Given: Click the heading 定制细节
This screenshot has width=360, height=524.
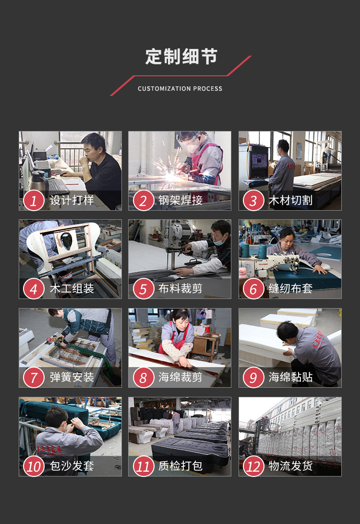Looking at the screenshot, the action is (x=181, y=57).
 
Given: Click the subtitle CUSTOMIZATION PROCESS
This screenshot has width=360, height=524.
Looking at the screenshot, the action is (x=180, y=89).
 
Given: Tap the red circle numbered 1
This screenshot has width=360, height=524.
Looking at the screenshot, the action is (x=34, y=201).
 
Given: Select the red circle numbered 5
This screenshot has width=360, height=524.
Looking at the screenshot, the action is (x=144, y=289).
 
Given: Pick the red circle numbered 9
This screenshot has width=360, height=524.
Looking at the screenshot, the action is (x=253, y=378).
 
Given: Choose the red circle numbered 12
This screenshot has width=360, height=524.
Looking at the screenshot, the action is (x=253, y=466).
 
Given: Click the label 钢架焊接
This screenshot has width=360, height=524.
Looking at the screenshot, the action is (x=180, y=200).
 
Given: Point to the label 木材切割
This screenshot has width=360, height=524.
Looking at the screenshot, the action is (x=290, y=200).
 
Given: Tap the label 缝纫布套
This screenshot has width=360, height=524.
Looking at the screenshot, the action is (x=290, y=288).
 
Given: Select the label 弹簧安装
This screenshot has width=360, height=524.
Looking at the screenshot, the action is (x=72, y=377).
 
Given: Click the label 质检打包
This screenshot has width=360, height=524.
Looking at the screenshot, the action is (x=180, y=465).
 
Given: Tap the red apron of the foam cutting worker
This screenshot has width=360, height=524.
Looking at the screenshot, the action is (x=175, y=337).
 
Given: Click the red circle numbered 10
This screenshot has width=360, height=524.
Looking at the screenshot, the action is (x=34, y=466).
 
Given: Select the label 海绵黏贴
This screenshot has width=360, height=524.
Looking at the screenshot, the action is (x=290, y=377).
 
